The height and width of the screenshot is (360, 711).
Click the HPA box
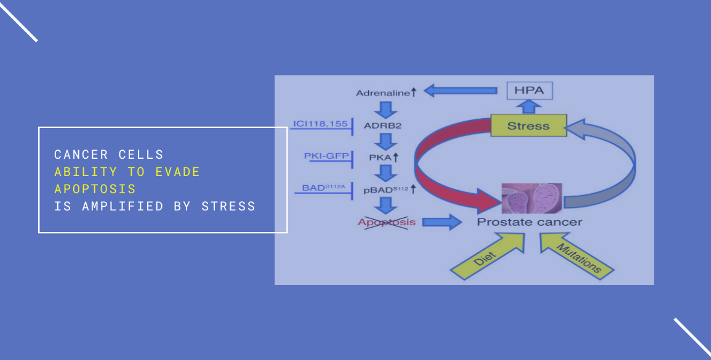(529, 90)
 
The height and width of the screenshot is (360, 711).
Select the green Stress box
(529, 126)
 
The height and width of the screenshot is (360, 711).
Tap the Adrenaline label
(386, 93)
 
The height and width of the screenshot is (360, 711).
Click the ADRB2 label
(382, 125)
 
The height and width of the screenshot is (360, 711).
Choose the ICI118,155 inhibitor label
(320, 123)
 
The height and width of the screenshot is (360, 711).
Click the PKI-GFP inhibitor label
(326, 156)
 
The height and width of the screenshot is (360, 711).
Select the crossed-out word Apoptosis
(387, 222)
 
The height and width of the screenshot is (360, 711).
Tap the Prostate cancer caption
(529, 222)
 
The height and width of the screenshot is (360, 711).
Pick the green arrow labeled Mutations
(576, 254)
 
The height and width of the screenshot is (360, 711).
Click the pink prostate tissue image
(531, 198)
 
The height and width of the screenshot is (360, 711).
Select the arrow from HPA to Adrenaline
(460, 90)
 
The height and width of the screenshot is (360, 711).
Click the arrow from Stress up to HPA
(529, 107)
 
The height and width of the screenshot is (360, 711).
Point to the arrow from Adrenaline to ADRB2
(385, 110)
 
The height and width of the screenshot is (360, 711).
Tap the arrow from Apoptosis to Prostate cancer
(441, 222)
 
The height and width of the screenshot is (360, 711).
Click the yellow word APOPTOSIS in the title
(95, 188)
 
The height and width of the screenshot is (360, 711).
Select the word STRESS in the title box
(228, 206)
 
